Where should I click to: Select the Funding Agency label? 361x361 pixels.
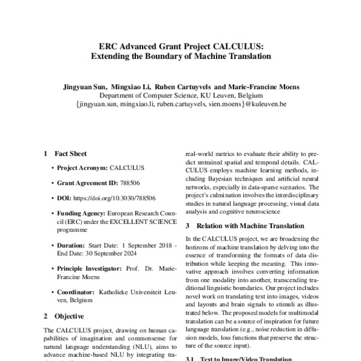click(81, 213)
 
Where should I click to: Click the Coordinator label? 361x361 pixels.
click(77, 292)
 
